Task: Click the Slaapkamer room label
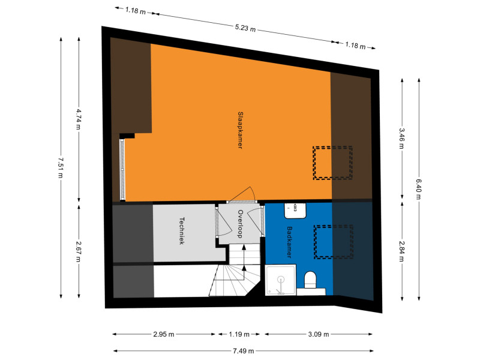(x=241, y=130)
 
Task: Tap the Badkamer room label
(x=289, y=242)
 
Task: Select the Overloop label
(x=241, y=224)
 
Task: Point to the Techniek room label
(x=182, y=231)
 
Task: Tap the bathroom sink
(x=295, y=211)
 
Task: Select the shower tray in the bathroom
(x=280, y=280)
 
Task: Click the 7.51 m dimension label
(x=61, y=168)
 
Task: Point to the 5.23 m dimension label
(x=245, y=28)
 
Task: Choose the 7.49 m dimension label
(x=244, y=351)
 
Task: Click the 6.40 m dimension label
(x=418, y=189)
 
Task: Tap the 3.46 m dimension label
(x=401, y=139)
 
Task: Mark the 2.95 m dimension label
(x=164, y=334)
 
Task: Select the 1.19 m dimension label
(x=239, y=334)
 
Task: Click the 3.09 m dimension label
(x=319, y=334)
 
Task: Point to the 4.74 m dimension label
(x=79, y=119)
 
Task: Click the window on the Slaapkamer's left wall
(x=122, y=170)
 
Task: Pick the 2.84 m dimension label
(x=401, y=251)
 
